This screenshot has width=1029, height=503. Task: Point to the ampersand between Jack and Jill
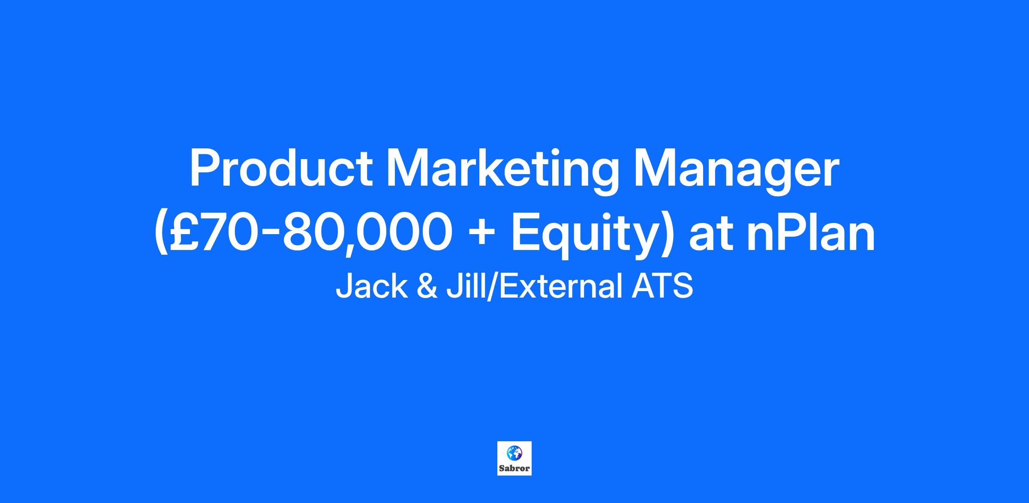427,287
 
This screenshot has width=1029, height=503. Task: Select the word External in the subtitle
561,286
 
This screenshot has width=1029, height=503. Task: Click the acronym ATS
662,287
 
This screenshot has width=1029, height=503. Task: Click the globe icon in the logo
514,453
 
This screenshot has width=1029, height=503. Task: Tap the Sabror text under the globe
514,468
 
